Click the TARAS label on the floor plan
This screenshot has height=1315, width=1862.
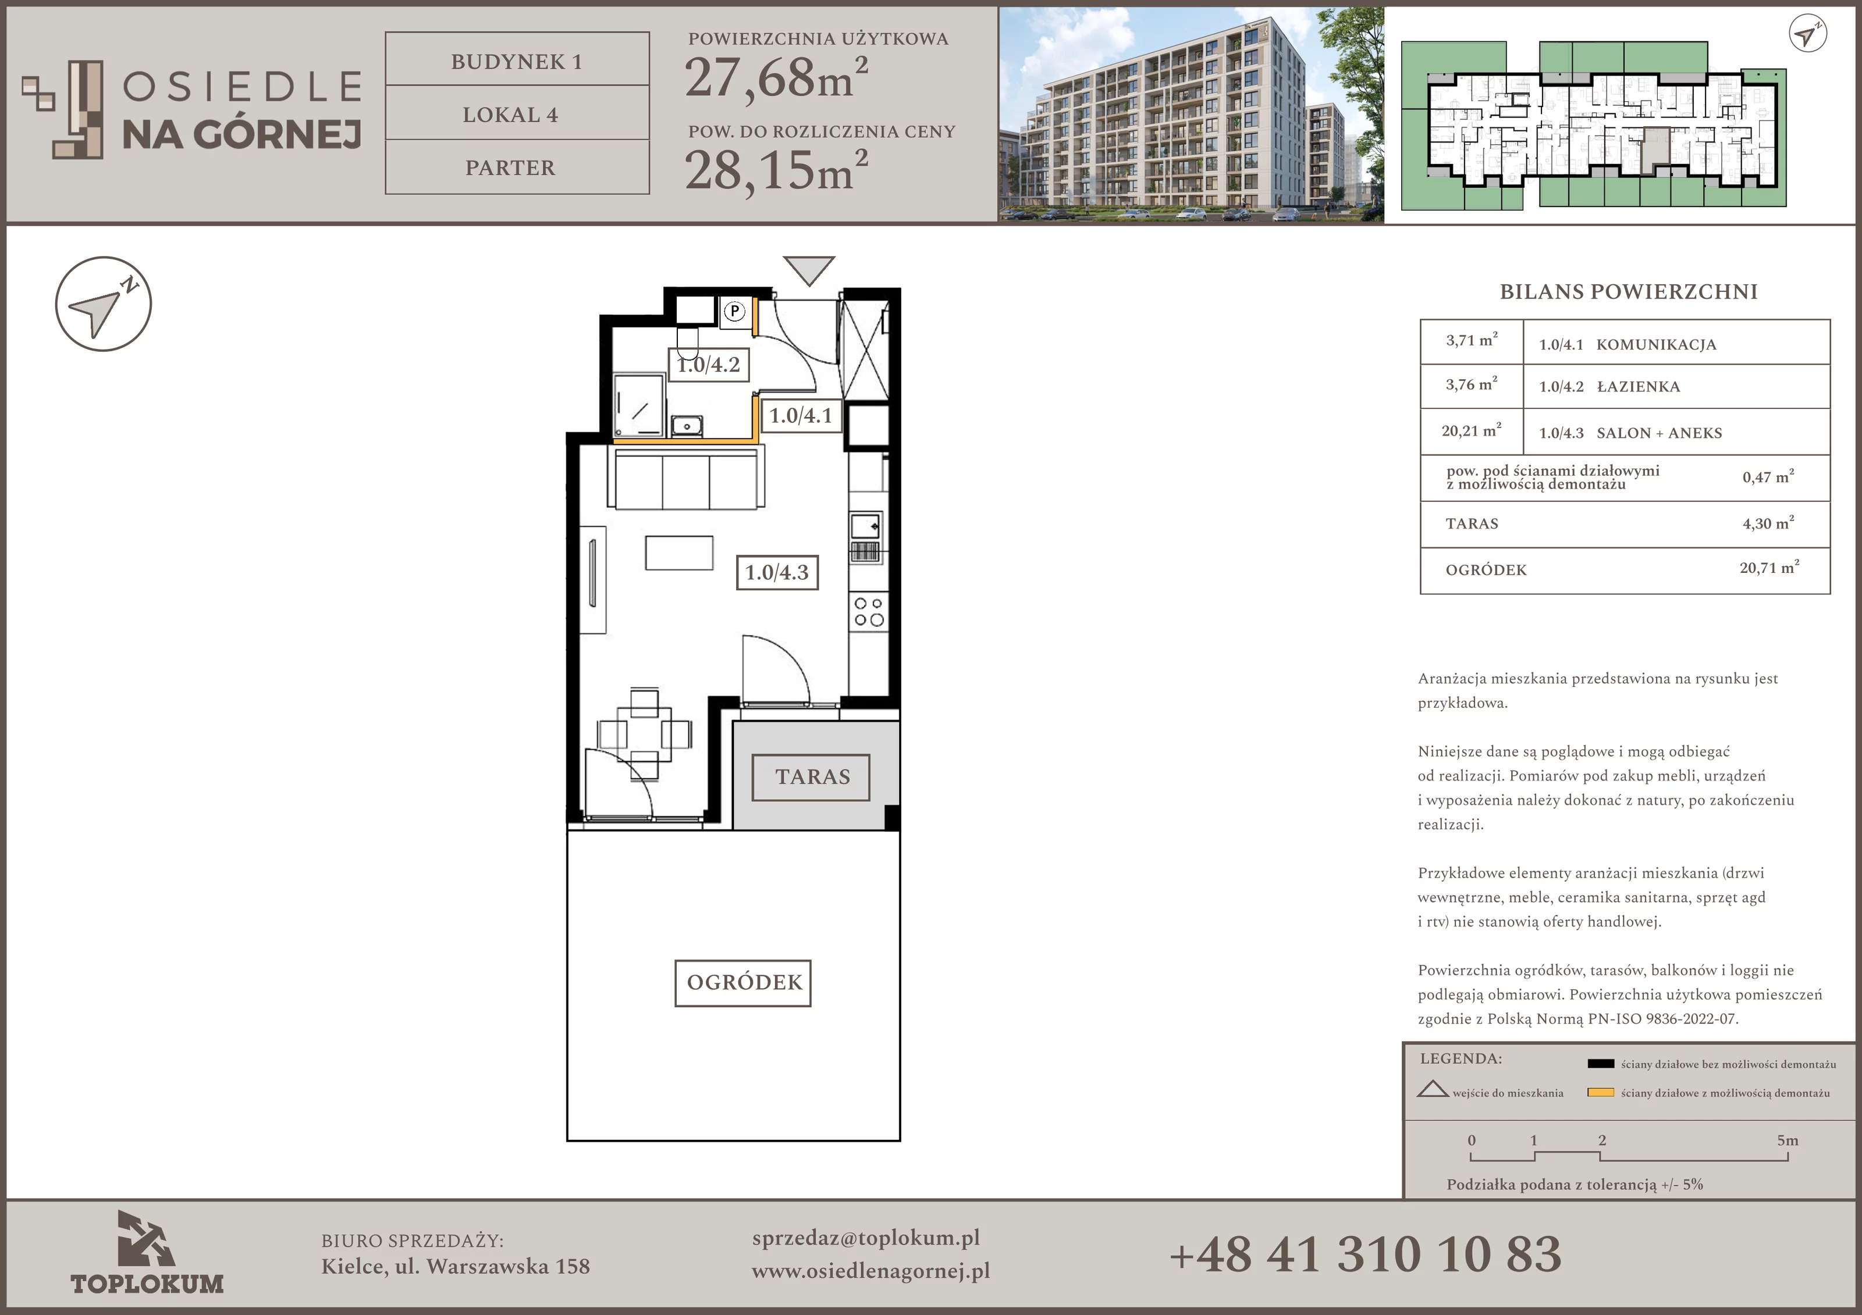click(811, 776)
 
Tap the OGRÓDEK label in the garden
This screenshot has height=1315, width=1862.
click(744, 982)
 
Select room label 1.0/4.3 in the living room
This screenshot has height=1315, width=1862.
click(777, 572)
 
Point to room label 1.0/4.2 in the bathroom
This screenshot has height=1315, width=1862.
click(708, 364)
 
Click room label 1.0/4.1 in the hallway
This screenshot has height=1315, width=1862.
click(801, 416)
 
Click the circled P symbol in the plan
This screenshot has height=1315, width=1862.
click(734, 311)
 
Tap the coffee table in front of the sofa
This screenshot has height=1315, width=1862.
click(679, 553)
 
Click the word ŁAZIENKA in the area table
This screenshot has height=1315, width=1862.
click(1638, 387)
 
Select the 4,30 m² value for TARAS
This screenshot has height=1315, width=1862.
click(1768, 523)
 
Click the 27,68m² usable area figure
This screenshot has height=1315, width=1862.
click(776, 77)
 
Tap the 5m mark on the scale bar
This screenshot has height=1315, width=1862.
click(1788, 1140)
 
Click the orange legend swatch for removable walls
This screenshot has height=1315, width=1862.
click(1600, 1092)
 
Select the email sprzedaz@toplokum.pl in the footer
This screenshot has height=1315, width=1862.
click(865, 1238)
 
